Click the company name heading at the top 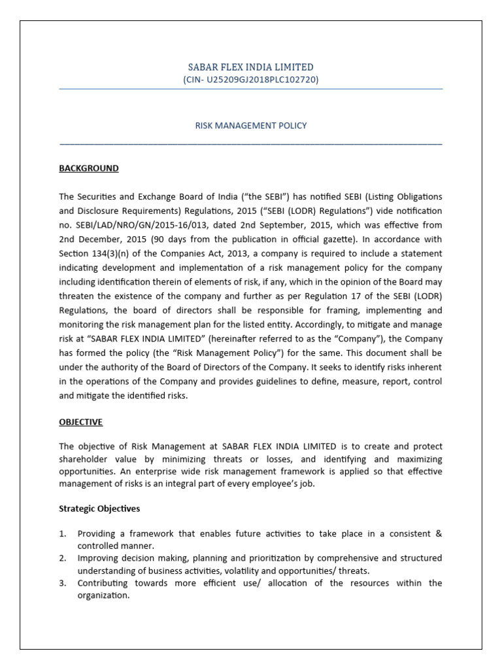(251, 67)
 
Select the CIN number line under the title (251, 79)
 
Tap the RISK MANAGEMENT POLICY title (251, 125)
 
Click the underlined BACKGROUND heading (89, 168)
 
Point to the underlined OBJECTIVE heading (81, 422)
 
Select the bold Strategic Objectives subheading (99, 508)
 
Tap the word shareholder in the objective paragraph (83, 460)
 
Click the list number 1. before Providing (63, 533)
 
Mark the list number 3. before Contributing (63, 583)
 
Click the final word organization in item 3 (103, 596)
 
